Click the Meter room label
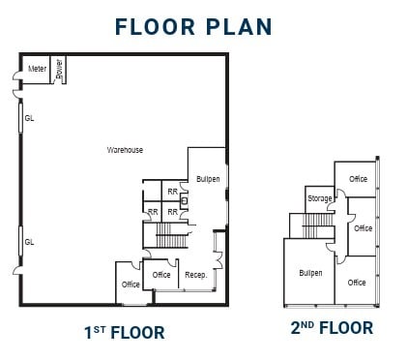pos(37,69)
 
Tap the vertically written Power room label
pos(59,69)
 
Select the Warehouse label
pos(125,150)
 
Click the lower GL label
pos(29,242)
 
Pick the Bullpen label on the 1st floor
pos(208,180)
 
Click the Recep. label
pos(196,275)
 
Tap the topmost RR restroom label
pos(172,192)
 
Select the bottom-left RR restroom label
pos(153,211)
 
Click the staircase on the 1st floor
pos(169,235)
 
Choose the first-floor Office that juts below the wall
pos(131,285)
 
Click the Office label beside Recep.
pos(161,275)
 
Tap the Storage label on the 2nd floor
pos(320,198)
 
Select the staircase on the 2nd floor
pos(318,225)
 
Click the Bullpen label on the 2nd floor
pos(310,273)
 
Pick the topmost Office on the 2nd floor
pos(358,179)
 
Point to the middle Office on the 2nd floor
pos(363,228)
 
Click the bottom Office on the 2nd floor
pos(357,283)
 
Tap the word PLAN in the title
pos(234,26)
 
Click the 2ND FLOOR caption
pos(332,328)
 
